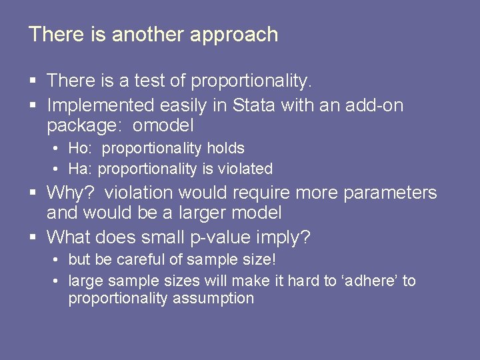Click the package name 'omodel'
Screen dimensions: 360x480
[163, 125]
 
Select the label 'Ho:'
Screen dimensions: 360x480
[81, 148]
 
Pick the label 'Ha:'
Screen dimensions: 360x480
[81, 169]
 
